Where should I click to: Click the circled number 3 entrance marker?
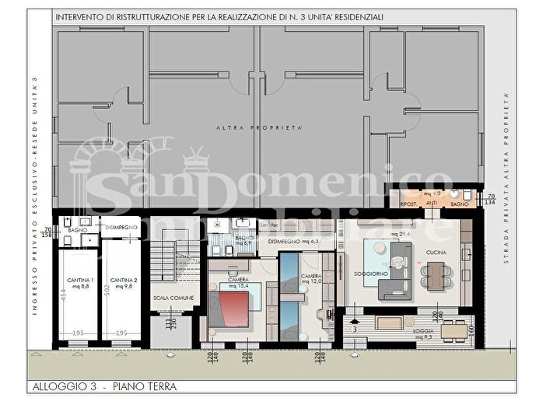[x=354, y=330]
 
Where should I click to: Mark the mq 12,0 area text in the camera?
[x=311, y=282]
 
